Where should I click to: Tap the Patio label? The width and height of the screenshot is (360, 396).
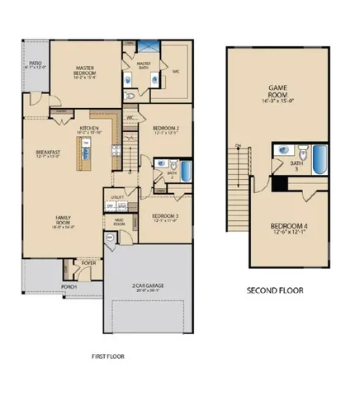tap(36, 64)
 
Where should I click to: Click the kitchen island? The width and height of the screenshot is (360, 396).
tap(83, 153)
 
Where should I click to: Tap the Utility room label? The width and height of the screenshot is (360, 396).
tap(118, 200)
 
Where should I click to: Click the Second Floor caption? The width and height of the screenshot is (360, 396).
tap(276, 290)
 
